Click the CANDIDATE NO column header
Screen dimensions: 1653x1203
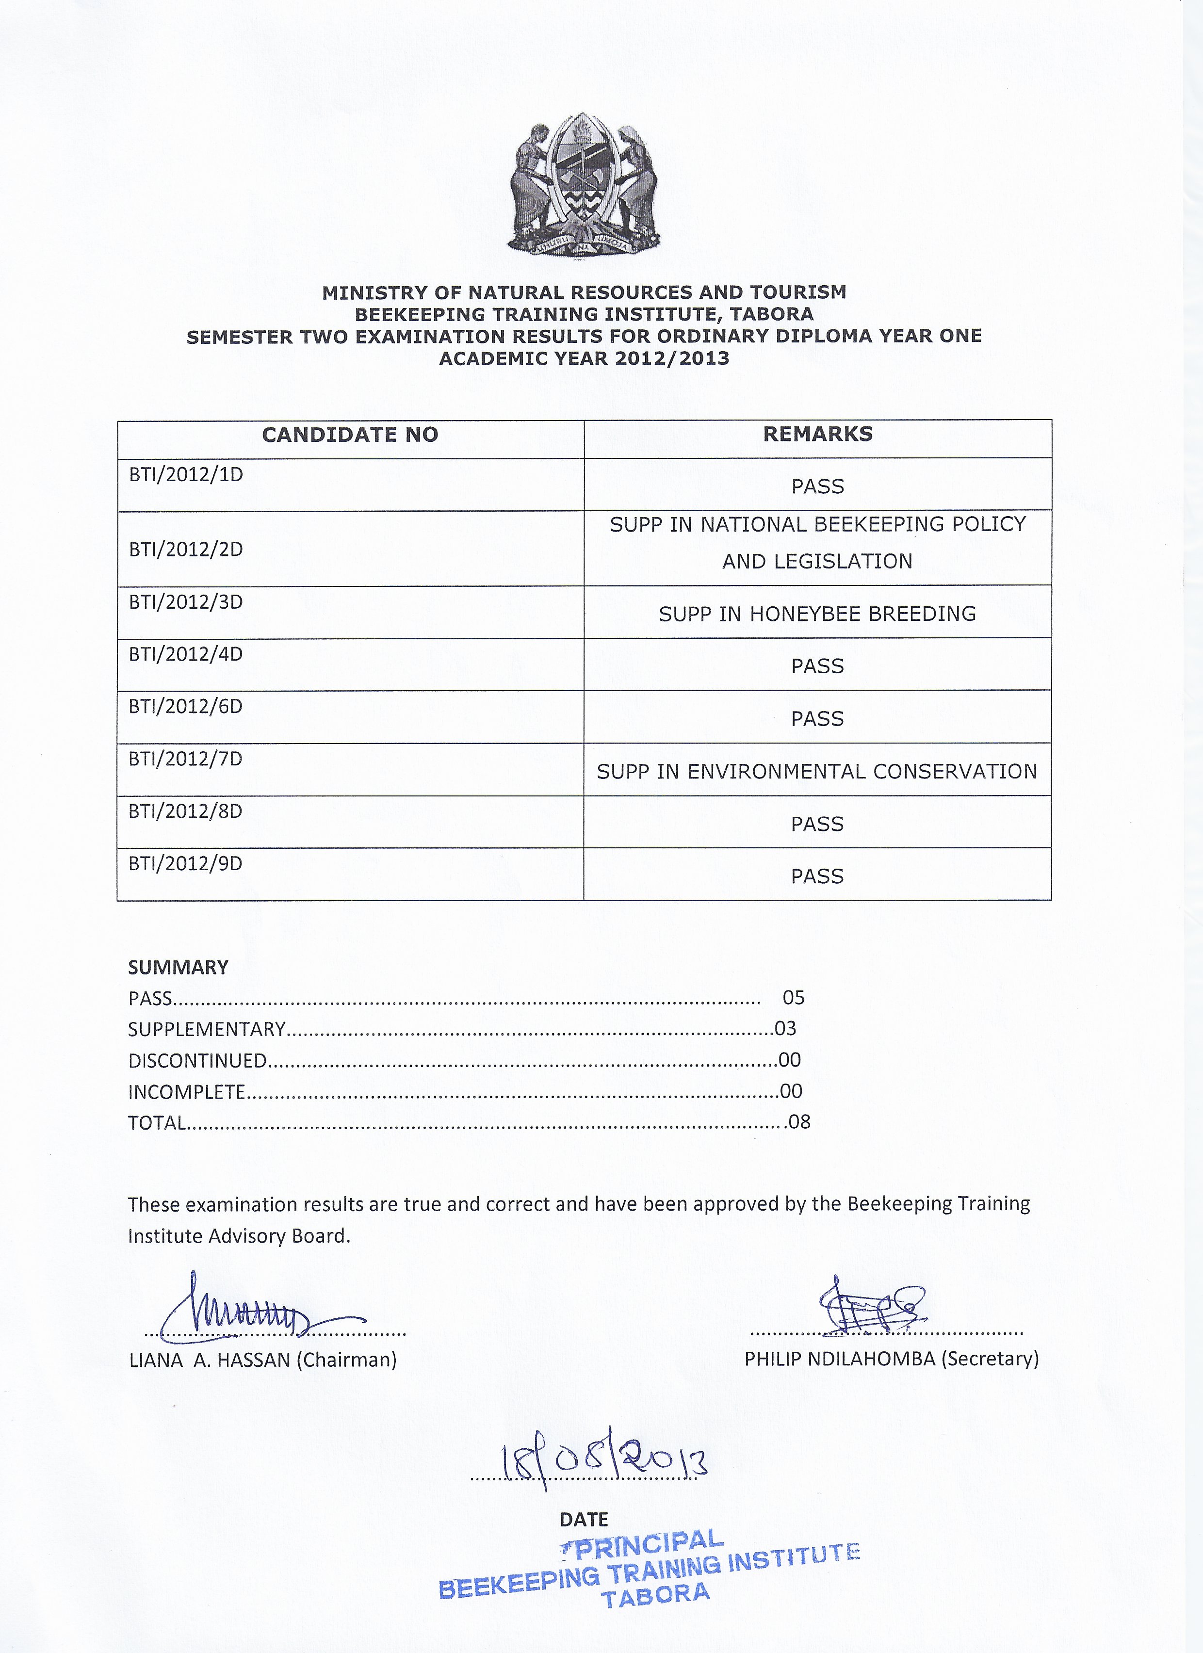pyautogui.click(x=350, y=435)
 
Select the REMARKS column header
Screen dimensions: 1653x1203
pyautogui.click(x=817, y=435)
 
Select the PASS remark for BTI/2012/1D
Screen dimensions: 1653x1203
pyautogui.click(x=817, y=487)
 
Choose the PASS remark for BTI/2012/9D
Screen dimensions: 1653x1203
pyautogui.click(x=817, y=877)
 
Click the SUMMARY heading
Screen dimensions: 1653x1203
pyautogui.click(x=178, y=968)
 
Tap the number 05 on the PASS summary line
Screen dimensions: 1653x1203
pyautogui.click(x=793, y=998)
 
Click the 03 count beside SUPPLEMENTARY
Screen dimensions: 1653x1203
pyautogui.click(x=785, y=1029)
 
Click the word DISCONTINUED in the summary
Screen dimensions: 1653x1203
pyautogui.click(x=197, y=1061)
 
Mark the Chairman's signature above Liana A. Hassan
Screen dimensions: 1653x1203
pyautogui.click(x=248, y=1315)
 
